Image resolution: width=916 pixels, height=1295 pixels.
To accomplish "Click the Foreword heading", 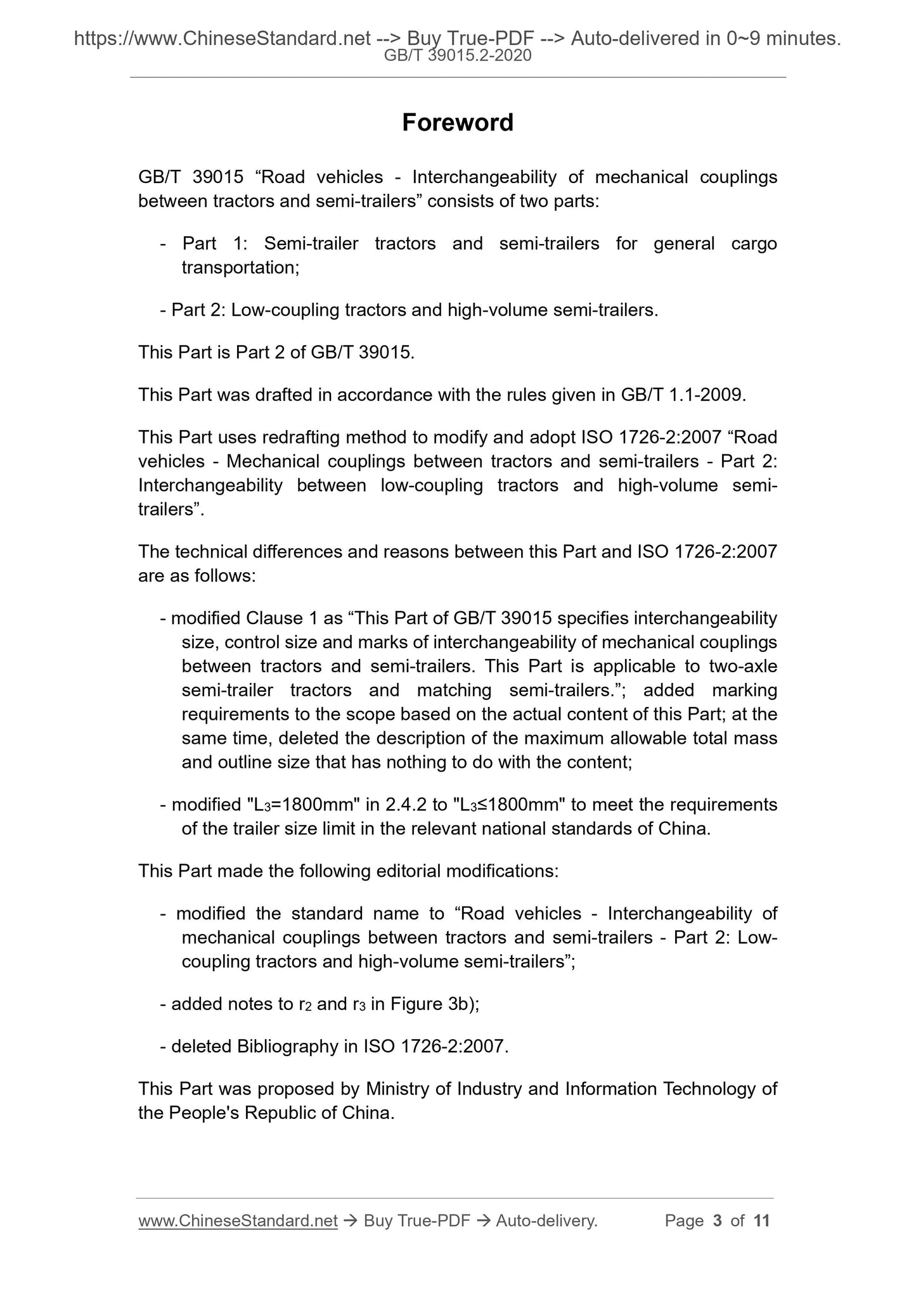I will (x=457, y=122).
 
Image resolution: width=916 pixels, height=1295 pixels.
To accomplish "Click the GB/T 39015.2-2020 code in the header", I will (x=458, y=56).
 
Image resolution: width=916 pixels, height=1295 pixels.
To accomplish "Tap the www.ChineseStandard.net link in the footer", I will (x=237, y=1220).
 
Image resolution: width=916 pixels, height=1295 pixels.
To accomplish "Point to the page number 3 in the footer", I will (x=717, y=1220).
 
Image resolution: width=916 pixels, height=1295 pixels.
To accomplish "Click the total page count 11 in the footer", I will (x=761, y=1220).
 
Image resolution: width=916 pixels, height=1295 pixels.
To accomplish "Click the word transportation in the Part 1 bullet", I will (x=240, y=267).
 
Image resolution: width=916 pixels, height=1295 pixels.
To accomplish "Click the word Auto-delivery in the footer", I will (x=546, y=1220).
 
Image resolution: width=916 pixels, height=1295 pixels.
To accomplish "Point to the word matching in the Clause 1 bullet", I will (x=453, y=690).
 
